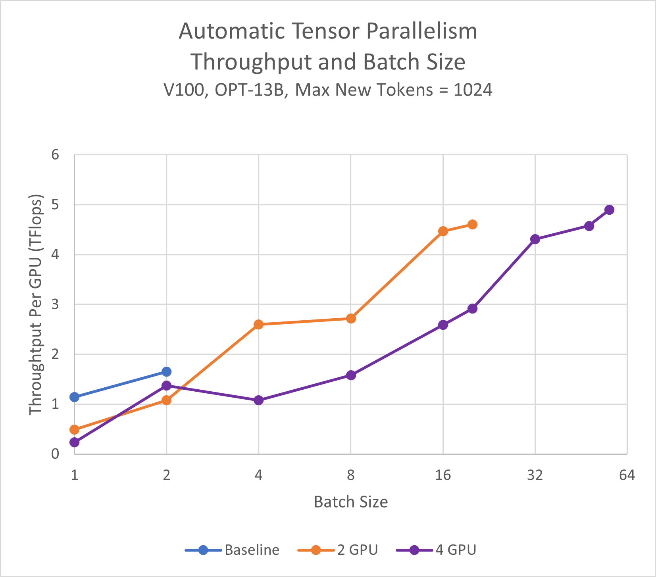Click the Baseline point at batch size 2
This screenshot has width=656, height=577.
click(166, 371)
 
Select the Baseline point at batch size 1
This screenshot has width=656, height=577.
click(74, 397)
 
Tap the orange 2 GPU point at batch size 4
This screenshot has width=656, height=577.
click(258, 325)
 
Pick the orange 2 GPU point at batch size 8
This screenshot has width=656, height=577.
click(351, 318)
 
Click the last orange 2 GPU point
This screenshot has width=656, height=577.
click(472, 225)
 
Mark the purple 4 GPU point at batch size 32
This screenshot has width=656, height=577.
click(535, 239)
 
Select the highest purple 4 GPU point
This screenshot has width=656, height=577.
click(610, 210)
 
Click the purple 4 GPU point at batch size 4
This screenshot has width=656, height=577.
click(258, 400)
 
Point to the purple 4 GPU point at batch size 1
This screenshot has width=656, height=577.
click(74, 442)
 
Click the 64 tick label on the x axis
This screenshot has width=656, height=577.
click(627, 475)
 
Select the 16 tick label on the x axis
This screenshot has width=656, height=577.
click(443, 475)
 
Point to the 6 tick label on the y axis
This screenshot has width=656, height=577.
click(55, 154)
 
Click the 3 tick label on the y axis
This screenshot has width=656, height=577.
click(55, 304)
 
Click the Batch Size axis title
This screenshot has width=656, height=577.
click(351, 502)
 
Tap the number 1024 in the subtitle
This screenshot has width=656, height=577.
click(473, 90)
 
